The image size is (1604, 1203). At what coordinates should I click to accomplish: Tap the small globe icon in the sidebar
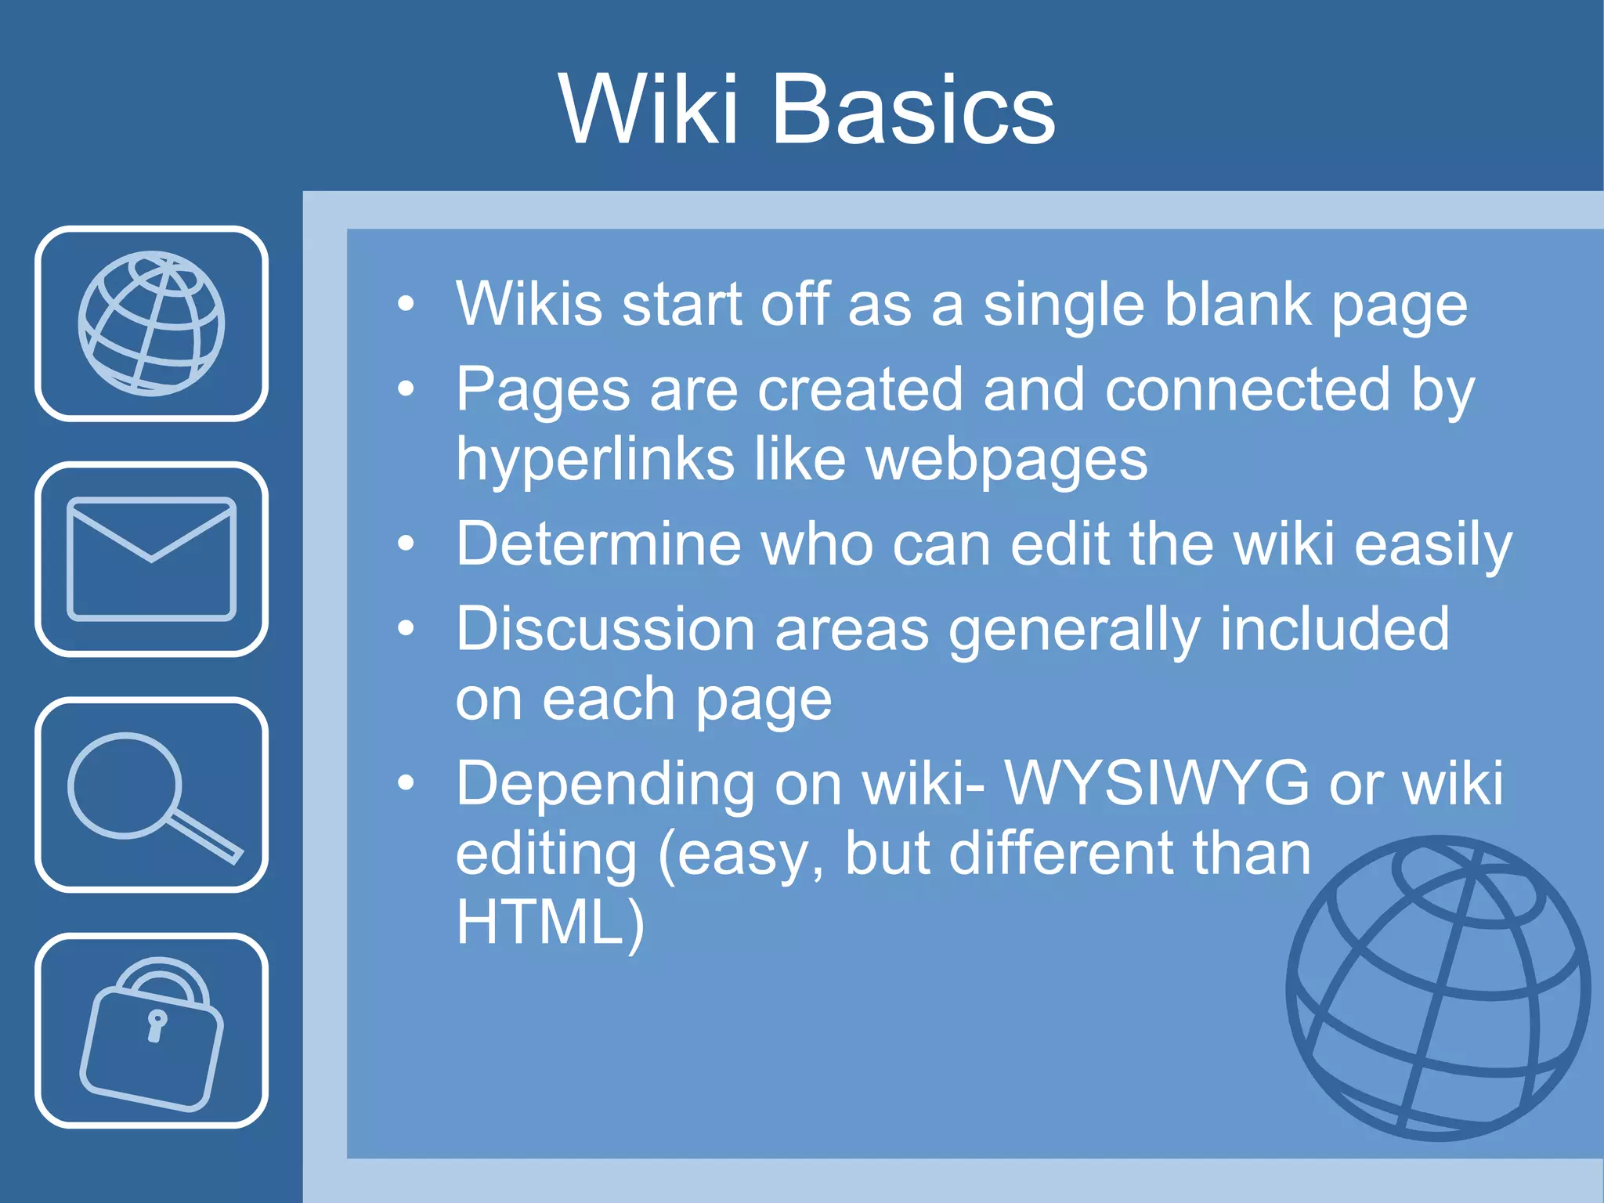tap(151, 323)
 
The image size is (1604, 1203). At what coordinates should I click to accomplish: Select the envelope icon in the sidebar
tap(151, 558)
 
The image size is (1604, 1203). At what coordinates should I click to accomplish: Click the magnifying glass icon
tap(151, 794)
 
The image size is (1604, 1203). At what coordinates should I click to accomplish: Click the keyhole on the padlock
tap(157, 1024)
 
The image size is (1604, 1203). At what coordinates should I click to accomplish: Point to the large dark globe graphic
tap(1438, 988)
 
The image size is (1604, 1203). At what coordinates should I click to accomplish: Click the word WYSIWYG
tap(1156, 783)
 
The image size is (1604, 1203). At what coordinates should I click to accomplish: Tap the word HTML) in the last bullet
tap(550, 923)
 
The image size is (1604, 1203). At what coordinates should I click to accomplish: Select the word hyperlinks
tap(595, 461)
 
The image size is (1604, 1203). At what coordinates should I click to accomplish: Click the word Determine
tap(598, 544)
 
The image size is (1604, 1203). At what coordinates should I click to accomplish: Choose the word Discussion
tap(605, 629)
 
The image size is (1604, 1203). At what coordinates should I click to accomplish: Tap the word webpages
tap(1007, 461)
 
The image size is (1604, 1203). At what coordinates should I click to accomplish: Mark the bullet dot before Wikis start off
tap(405, 304)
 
